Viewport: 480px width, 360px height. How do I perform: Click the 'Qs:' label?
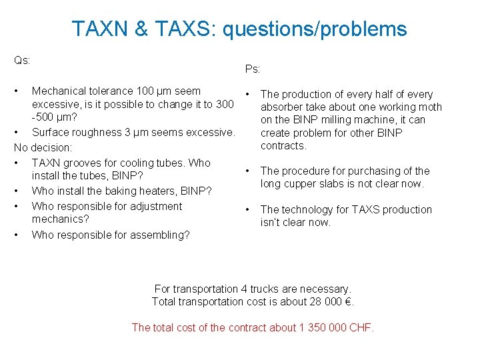coord(22,60)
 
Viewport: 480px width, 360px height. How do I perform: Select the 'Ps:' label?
coord(253,69)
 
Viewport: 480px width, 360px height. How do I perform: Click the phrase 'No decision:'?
coord(43,147)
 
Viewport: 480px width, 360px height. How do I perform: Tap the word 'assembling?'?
coord(159,235)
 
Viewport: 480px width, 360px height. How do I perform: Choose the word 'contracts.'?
coord(284,145)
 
